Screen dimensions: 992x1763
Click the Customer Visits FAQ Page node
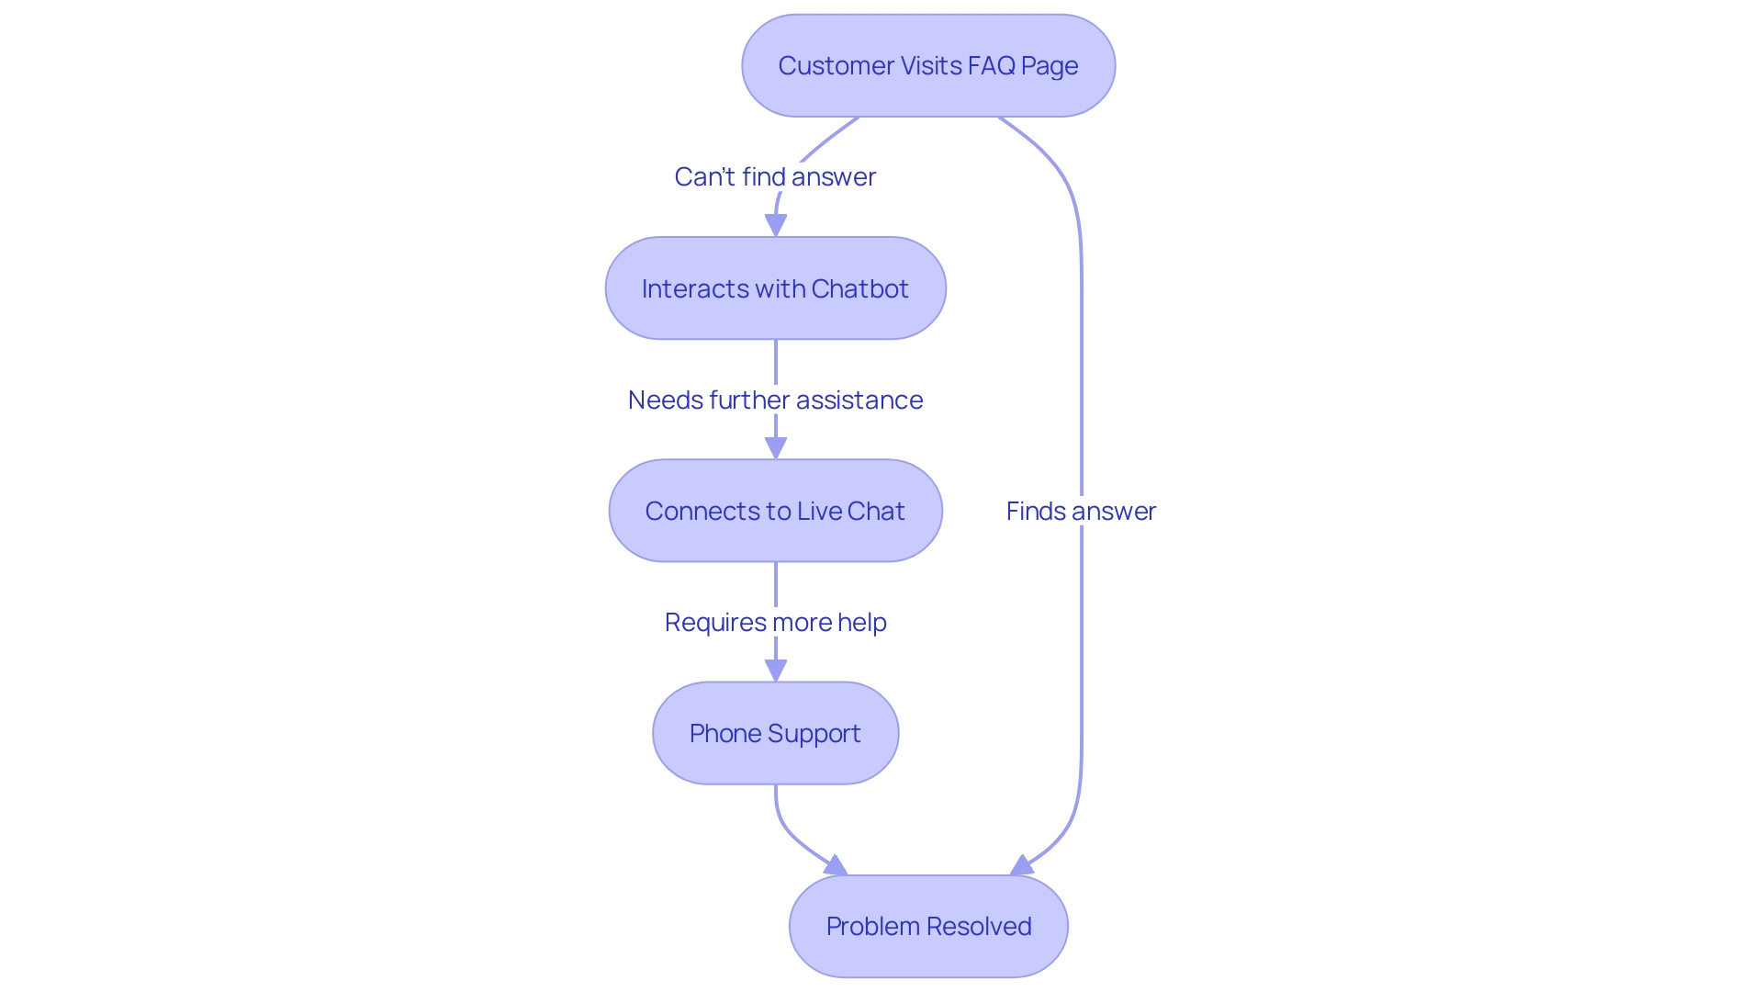pyautogui.click(x=928, y=66)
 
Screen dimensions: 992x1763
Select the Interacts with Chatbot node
pyautogui.click(x=775, y=288)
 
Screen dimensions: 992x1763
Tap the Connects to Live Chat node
pyautogui.click(x=775, y=511)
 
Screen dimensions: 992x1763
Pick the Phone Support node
pyautogui.click(x=775, y=733)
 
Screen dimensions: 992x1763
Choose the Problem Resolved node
pyautogui.click(x=928, y=926)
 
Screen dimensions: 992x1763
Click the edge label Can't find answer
pyautogui.click(x=775, y=176)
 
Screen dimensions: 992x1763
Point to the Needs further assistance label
pyautogui.click(x=775, y=400)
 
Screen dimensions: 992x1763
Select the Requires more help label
pyautogui.click(x=775, y=622)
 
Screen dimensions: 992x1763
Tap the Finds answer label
pyautogui.click(x=1081, y=511)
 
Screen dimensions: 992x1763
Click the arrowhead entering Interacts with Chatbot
pyautogui.click(x=776, y=225)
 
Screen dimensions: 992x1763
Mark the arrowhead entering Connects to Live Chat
pyautogui.click(x=776, y=447)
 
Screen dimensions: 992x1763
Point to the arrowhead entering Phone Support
pyautogui.click(x=776, y=670)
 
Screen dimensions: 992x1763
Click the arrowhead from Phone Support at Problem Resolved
pyautogui.click(x=837, y=866)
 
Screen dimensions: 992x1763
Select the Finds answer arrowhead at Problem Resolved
pyautogui.click(x=1021, y=866)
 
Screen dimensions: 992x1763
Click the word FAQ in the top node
pyautogui.click(x=991, y=66)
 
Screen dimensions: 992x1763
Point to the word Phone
pyautogui.click(x=725, y=733)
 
